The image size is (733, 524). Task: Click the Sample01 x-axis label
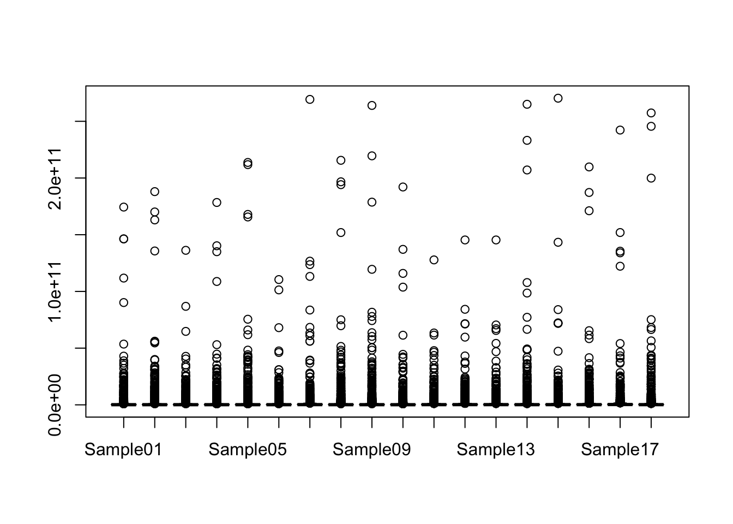pos(123,450)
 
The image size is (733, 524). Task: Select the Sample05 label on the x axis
pos(248,450)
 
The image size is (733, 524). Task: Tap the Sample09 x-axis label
pos(371,450)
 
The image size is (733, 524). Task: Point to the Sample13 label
pos(496,450)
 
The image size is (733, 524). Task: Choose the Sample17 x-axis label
pos(620,450)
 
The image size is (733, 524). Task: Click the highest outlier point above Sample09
pos(372,105)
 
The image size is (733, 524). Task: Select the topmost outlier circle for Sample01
pos(124,207)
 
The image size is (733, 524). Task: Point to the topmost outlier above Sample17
pos(620,130)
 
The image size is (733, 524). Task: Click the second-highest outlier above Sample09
pos(372,156)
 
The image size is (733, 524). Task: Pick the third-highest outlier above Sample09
pos(372,202)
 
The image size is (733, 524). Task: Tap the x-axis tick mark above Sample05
pos(248,422)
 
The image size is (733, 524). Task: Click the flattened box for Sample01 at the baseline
pos(124,404)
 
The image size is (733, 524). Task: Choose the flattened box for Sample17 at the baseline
pos(620,404)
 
